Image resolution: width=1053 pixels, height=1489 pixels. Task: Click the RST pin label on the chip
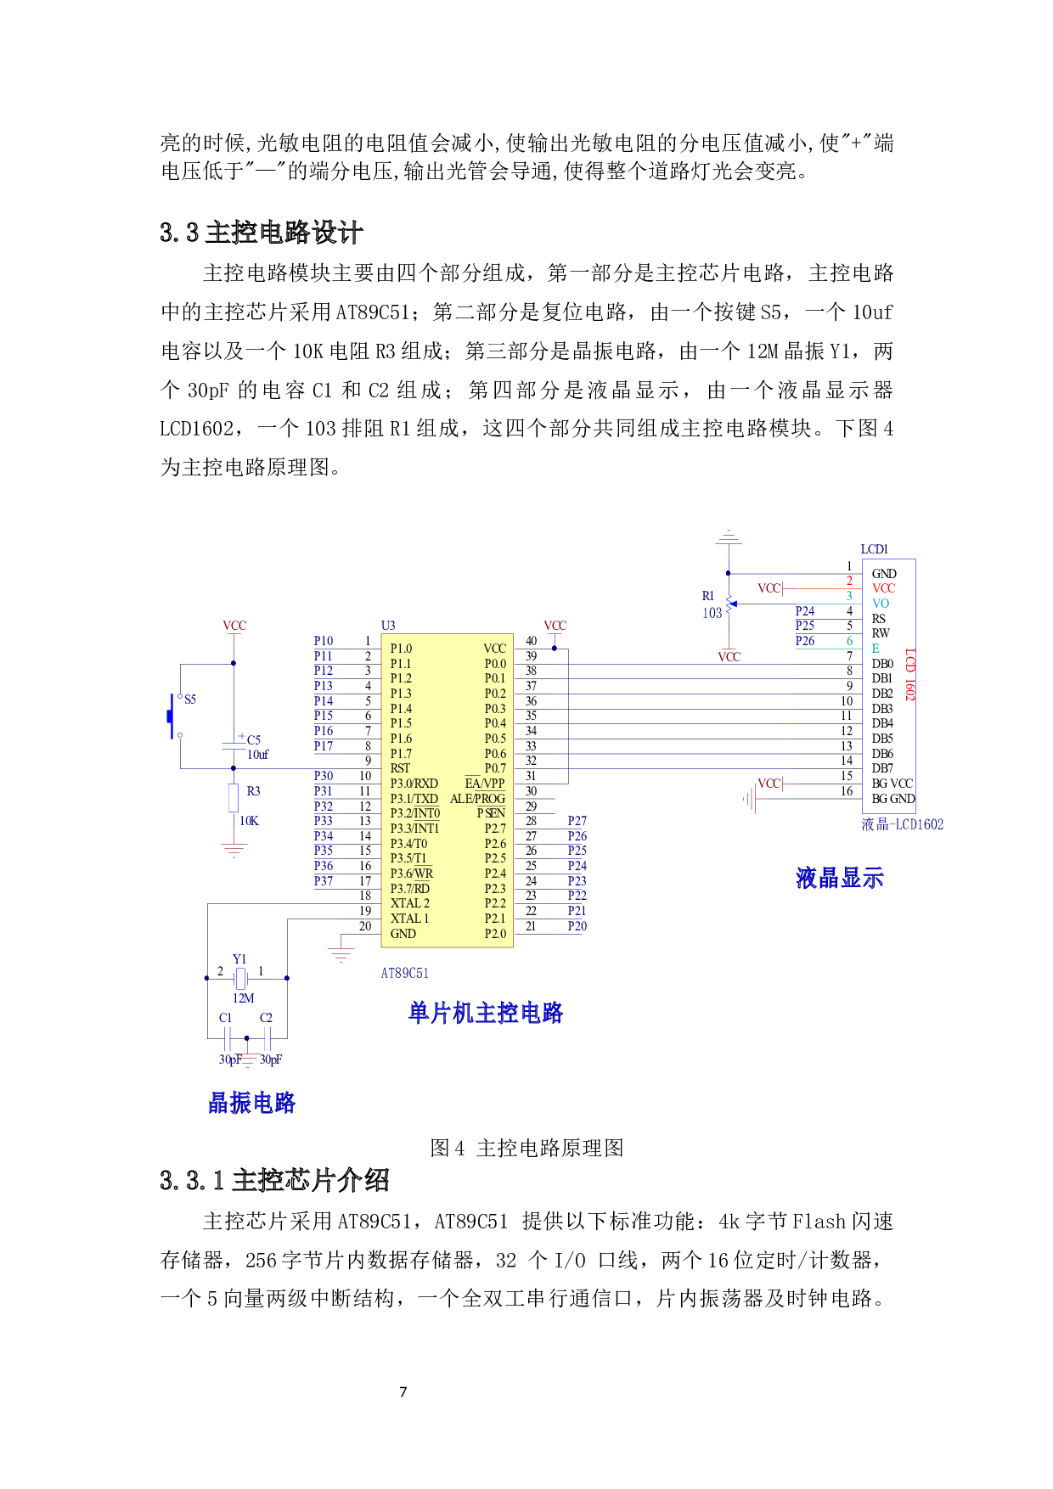tap(400, 768)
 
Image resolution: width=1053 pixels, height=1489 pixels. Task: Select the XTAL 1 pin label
tap(409, 919)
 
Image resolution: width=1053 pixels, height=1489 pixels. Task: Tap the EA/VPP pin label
tap(484, 784)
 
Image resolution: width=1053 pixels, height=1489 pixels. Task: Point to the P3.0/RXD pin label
tap(414, 784)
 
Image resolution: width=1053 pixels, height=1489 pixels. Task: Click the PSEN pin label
tap(491, 813)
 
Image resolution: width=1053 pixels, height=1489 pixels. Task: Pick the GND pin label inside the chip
tap(403, 934)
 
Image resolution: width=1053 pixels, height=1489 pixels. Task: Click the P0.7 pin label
tap(495, 768)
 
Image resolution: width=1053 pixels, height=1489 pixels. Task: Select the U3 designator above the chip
tap(388, 626)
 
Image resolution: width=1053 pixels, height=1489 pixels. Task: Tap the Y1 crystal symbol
tap(241, 978)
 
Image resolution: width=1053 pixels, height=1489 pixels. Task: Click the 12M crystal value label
tap(244, 998)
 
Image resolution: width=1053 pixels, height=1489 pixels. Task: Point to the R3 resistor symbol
tap(234, 798)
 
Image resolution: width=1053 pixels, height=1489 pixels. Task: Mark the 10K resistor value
tap(249, 821)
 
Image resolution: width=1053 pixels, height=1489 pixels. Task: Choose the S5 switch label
tap(190, 700)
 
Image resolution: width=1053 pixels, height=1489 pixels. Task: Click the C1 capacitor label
tap(225, 1017)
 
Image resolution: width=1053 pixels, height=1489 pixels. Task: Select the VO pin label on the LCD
tap(881, 604)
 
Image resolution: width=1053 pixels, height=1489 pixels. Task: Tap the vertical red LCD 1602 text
tap(909, 675)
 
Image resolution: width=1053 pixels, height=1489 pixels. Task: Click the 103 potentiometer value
tap(712, 612)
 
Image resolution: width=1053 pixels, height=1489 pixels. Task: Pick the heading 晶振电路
tap(251, 1103)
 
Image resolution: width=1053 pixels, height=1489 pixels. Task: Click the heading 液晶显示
tap(839, 878)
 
